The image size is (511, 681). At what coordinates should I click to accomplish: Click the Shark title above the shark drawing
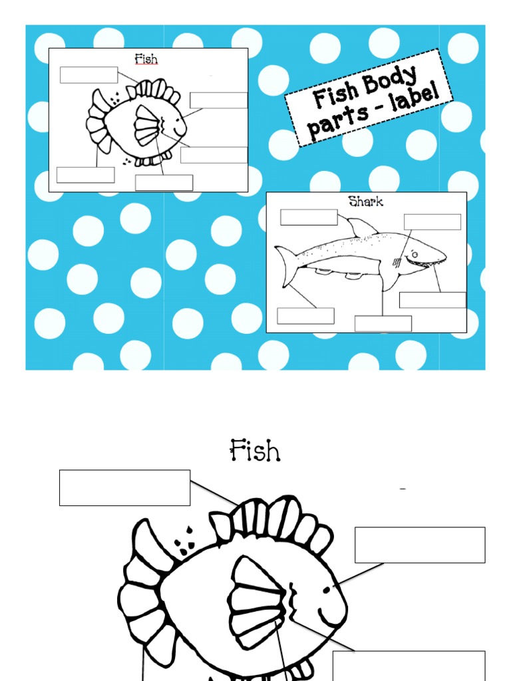click(365, 201)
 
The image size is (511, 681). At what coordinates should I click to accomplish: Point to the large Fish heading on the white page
click(255, 451)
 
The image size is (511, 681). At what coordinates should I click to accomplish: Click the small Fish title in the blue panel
click(146, 59)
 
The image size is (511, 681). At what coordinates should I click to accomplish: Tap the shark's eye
click(413, 253)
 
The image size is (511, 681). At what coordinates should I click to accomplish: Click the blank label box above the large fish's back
click(124, 487)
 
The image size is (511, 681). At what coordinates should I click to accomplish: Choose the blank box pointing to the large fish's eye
click(420, 545)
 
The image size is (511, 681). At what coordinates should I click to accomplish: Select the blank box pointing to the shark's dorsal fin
click(309, 217)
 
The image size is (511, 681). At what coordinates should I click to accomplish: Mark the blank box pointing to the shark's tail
click(305, 316)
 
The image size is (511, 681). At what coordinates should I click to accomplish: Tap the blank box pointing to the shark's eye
click(432, 221)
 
